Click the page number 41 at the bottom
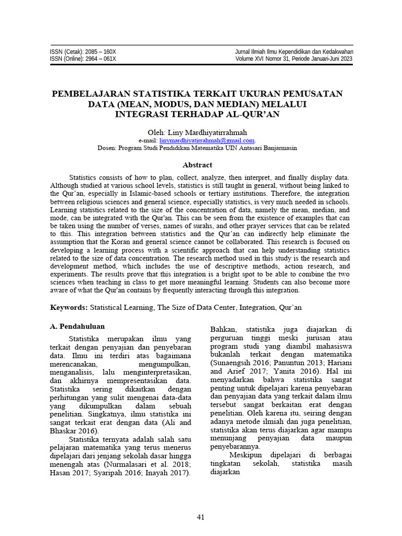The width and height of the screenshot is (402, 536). (200, 518)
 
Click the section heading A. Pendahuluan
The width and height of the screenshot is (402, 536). (78, 326)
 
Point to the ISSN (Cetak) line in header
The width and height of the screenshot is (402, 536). (83, 52)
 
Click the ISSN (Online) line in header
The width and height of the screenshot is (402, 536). (83, 59)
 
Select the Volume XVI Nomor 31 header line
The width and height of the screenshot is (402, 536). (295, 59)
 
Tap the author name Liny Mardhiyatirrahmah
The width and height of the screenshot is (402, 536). (211, 132)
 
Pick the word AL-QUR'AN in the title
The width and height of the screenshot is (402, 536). (255, 114)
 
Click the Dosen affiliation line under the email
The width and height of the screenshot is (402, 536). (197, 148)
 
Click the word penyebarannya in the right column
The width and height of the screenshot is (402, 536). (234, 447)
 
